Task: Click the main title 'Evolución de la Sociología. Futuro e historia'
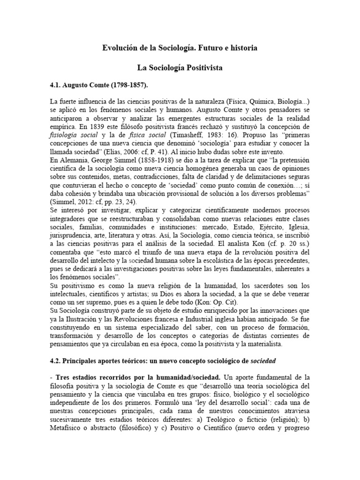click(x=180, y=48)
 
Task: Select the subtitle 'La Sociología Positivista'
click(x=180, y=68)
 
